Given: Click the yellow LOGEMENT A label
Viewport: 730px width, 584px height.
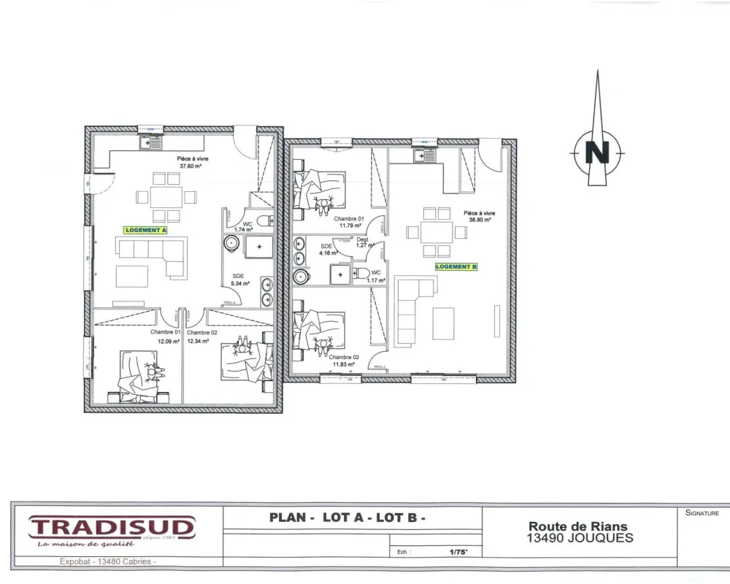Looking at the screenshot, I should pos(146,230).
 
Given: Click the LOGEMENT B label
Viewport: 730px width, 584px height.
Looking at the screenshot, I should pos(456,267).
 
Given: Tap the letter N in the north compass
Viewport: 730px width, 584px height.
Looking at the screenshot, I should pos(598,153).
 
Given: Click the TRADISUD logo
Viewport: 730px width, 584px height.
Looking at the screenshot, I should pos(112,526).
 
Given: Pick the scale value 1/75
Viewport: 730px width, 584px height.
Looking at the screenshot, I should pos(458,553).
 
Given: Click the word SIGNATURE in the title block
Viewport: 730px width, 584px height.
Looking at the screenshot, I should pos(702,513).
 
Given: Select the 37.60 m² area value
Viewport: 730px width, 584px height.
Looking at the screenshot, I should pos(190,166).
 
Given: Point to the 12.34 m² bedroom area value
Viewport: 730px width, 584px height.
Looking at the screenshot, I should pos(198,341).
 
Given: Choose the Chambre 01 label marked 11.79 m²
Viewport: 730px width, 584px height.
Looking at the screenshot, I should pos(348,222).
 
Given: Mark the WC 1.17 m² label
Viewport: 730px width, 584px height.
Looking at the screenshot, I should pos(375,276).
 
